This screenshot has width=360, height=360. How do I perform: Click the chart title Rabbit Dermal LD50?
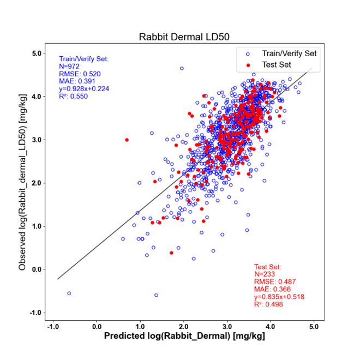pyautogui.click(x=184, y=37)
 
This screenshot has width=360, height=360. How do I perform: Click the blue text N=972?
pyautogui.click(x=69, y=67)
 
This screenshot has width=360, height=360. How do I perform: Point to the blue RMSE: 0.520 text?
pyautogui.click(x=80, y=74)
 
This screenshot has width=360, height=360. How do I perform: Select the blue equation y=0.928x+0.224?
pyautogui.click(x=84, y=89)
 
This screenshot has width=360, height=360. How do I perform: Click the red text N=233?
pyautogui.click(x=265, y=274)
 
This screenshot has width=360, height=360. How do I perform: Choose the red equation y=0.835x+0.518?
pyautogui.click(x=279, y=297)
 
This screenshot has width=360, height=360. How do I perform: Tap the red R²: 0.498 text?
pyautogui.click(x=268, y=304)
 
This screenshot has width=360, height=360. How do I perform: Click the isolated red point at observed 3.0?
pyautogui.click(x=127, y=140)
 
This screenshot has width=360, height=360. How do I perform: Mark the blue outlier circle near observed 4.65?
pyautogui.click(x=182, y=68)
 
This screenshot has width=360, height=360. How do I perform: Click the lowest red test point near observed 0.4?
pyautogui.click(x=171, y=253)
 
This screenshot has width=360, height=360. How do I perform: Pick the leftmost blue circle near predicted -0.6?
pyautogui.click(x=69, y=293)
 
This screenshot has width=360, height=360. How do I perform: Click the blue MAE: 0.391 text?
pyautogui.click(x=77, y=81)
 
